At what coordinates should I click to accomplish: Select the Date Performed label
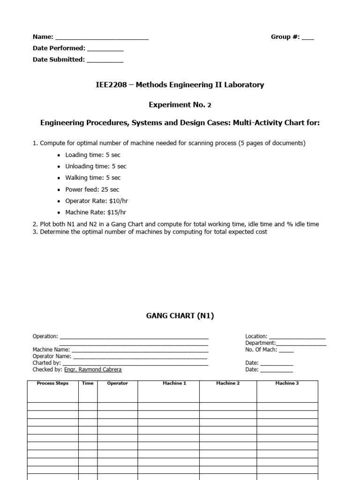[59, 48]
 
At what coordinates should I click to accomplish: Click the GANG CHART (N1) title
[180, 316]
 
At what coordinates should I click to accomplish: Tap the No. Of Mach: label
[261, 350]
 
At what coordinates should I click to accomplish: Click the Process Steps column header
[52, 383]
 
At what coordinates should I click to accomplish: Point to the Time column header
[88, 383]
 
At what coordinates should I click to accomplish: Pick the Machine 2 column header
[228, 383]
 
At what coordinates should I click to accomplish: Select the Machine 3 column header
[287, 383]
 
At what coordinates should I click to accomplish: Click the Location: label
[256, 337]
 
